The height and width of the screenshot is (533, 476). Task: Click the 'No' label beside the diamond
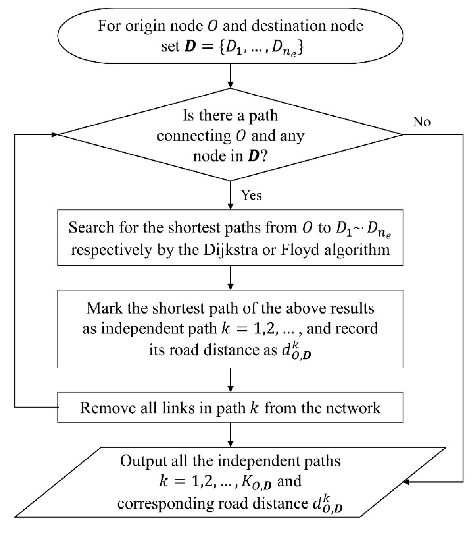click(x=421, y=122)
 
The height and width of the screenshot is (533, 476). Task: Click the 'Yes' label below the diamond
click(x=251, y=195)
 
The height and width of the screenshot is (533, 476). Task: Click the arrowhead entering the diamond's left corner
click(x=54, y=135)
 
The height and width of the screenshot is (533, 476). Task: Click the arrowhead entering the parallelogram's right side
click(x=407, y=482)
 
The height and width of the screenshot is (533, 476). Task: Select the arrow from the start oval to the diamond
click(x=230, y=76)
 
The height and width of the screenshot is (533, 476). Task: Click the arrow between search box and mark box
click(x=230, y=278)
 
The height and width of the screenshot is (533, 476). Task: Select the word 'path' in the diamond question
click(x=263, y=116)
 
